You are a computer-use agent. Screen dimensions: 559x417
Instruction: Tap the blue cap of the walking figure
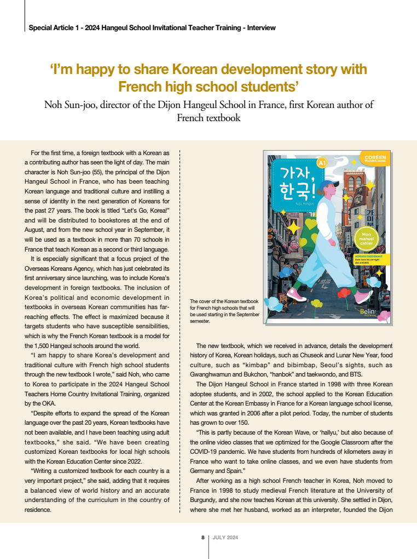tap(327, 185)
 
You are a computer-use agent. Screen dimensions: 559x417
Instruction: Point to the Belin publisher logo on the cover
tap(368, 311)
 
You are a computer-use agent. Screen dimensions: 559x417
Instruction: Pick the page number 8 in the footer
tap(203, 538)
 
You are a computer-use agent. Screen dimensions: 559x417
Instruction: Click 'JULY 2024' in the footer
tap(225, 538)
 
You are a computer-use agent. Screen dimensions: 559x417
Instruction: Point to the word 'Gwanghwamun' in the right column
tap(215, 374)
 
